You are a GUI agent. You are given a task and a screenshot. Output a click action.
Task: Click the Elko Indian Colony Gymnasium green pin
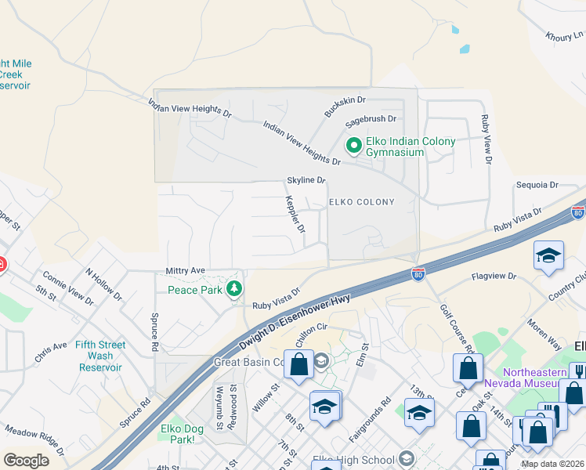point(353,145)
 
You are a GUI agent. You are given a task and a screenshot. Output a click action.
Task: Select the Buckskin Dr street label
point(345,107)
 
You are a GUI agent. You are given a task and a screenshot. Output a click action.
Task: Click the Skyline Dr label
point(306,180)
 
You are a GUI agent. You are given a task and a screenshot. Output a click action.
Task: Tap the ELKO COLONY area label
point(361,202)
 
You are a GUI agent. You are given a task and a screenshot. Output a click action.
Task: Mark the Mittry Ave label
point(185,270)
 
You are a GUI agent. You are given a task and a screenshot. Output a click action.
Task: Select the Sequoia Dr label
point(537,186)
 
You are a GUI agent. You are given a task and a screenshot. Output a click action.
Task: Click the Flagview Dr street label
point(494,277)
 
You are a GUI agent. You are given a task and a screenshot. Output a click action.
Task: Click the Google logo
point(26,461)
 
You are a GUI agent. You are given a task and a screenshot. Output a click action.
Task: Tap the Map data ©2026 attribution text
point(552,464)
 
